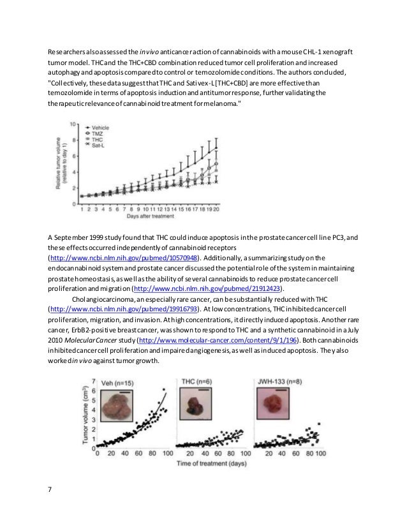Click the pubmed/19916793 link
click(125, 308)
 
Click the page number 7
click(50, 490)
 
